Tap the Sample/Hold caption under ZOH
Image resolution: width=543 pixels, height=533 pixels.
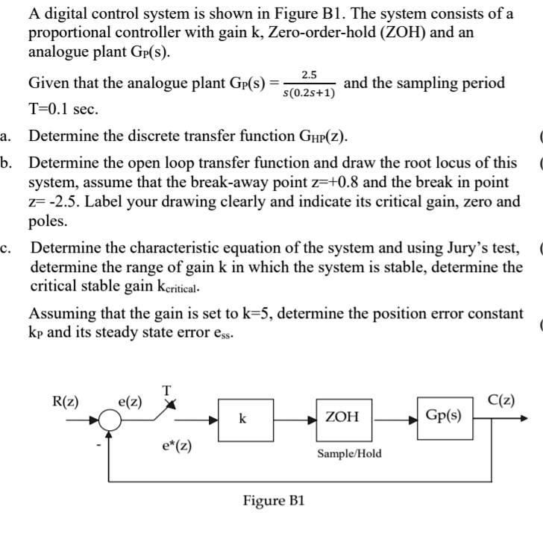[349, 453]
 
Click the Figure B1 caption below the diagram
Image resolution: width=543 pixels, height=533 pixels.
[274, 499]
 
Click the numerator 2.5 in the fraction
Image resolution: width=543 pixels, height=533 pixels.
[309, 75]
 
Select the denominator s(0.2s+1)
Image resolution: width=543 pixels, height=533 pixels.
[309, 94]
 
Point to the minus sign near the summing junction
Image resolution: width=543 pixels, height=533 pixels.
[98, 447]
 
